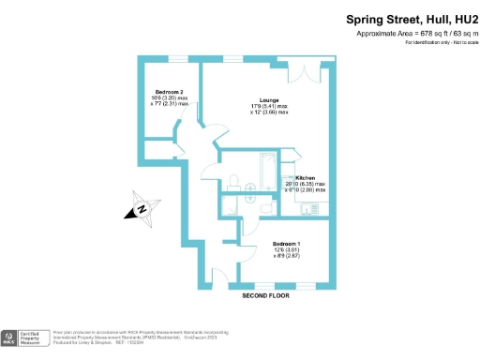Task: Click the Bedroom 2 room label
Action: click(x=169, y=90)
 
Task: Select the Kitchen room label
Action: click(x=307, y=176)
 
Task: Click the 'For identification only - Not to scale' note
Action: click(x=437, y=44)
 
